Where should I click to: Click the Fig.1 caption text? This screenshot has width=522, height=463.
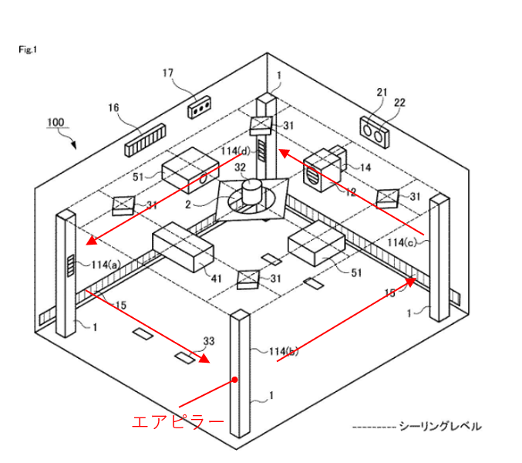[28, 49]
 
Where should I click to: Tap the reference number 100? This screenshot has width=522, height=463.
[56, 122]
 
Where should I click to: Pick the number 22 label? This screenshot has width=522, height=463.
[399, 103]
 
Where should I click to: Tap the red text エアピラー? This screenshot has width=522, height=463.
[178, 422]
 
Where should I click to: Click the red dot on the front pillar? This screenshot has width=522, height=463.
[235, 380]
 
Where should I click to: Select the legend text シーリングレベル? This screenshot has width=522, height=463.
[439, 426]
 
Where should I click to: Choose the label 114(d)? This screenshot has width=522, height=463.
[236, 150]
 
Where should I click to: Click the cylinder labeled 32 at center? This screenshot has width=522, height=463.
[252, 191]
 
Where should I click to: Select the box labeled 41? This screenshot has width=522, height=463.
[182, 247]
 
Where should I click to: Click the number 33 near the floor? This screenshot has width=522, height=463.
[208, 340]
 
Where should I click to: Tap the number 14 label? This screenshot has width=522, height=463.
[365, 167]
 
